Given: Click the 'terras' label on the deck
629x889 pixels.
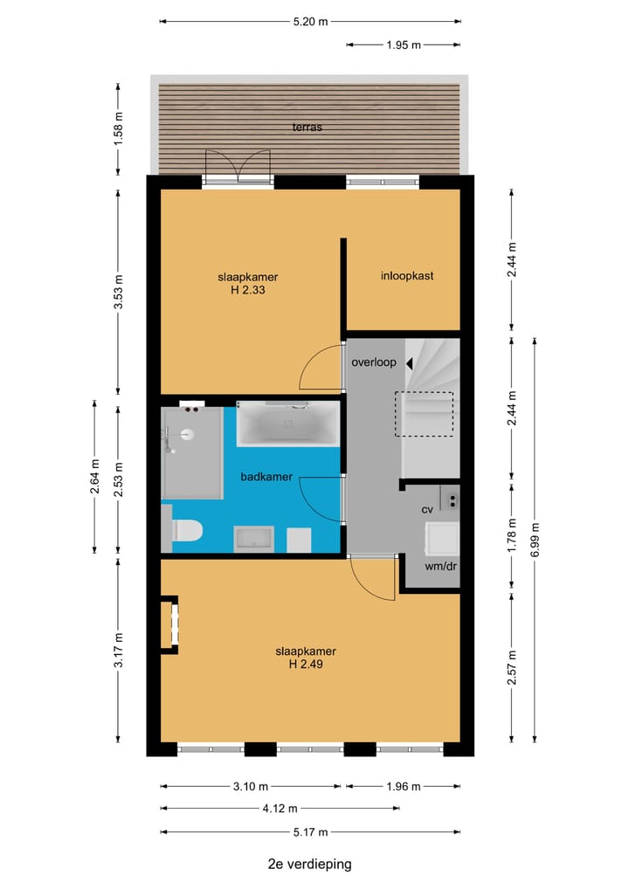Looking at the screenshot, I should (308, 127).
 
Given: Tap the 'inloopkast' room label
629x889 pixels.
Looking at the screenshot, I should (407, 276).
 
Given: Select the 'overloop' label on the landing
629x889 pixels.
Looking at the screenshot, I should (374, 362).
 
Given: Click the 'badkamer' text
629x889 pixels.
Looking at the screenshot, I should (266, 477).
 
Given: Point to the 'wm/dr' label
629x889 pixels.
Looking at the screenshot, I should (441, 566).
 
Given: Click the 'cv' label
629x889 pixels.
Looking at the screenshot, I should (427, 509).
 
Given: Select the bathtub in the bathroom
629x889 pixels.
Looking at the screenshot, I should (287, 425).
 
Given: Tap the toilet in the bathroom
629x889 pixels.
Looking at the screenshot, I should (187, 530).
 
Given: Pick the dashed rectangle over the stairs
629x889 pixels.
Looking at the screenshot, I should (424, 414).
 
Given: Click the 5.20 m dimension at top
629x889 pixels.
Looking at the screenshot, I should (310, 22).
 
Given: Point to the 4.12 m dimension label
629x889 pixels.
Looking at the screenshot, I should (280, 809).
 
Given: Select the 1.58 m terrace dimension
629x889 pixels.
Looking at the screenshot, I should (119, 127).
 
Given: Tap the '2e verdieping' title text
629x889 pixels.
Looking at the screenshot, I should (310, 865).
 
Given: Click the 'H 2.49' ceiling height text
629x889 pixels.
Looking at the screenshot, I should (306, 664).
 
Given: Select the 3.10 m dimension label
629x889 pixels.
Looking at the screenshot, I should (250, 787).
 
